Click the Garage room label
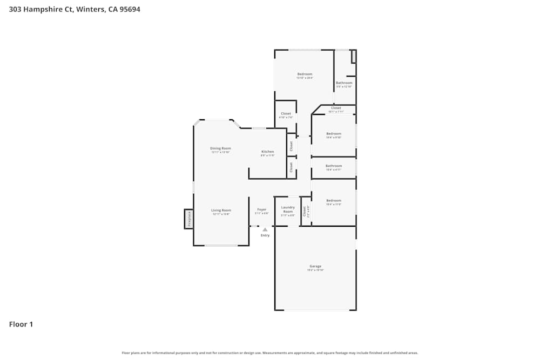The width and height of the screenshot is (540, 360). click(315, 266)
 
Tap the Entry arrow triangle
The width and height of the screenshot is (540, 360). click(265, 229)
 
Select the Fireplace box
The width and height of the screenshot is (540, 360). click(189, 219)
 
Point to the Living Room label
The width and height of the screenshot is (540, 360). click(221, 210)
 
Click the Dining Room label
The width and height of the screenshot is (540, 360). click(220, 148)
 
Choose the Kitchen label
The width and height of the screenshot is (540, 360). click(268, 152)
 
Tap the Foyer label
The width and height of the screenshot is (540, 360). click(262, 209)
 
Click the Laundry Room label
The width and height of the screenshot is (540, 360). click(288, 209)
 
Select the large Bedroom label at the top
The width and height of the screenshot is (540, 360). click(305, 74)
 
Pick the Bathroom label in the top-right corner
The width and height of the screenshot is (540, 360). click(344, 83)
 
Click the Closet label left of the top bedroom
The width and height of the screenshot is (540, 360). click(286, 113)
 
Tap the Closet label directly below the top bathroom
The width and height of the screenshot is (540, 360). click(336, 108)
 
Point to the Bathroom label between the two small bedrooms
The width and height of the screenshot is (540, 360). click(334, 166)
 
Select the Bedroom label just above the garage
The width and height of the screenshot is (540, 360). click(334, 200)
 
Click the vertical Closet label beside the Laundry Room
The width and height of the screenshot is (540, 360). click(305, 211)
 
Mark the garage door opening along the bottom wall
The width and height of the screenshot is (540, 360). click(316, 310)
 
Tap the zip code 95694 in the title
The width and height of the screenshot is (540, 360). click(130, 9)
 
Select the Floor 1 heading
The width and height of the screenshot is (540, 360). click(21, 324)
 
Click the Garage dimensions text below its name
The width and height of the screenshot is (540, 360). click(315, 270)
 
